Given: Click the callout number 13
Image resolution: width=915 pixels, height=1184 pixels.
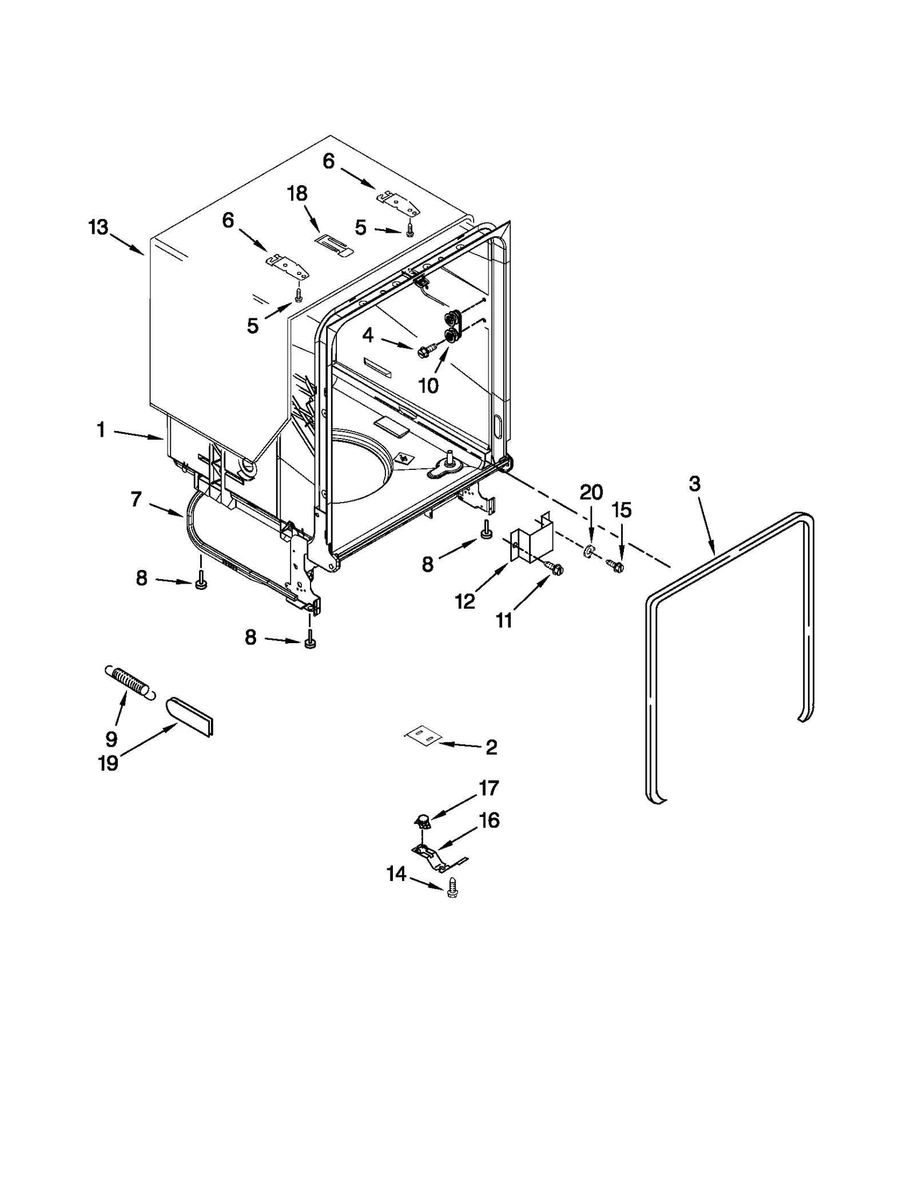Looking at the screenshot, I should click(98, 228).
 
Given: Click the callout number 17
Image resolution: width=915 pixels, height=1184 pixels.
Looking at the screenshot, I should click(489, 788).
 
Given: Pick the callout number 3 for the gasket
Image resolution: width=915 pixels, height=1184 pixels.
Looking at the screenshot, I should click(694, 484).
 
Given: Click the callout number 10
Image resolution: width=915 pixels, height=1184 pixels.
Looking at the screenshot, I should click(428, 386).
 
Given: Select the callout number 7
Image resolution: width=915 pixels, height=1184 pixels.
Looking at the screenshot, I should click(136, 500).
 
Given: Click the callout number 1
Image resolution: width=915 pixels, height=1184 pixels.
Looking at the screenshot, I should click(101, 430).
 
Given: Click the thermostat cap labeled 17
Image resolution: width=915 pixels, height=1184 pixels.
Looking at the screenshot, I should click(422, 822).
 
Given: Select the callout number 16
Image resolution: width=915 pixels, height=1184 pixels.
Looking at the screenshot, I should click(489, 820).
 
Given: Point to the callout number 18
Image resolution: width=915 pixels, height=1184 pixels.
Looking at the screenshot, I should click(297, 194).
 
